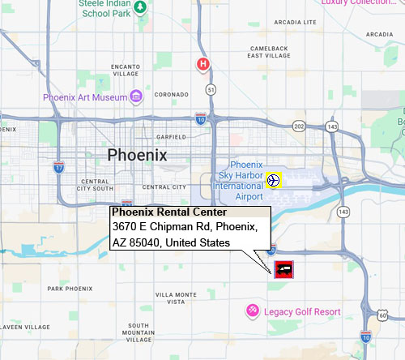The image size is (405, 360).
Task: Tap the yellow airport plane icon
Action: coord(274,179)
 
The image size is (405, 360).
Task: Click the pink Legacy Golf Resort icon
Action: coord(253,311)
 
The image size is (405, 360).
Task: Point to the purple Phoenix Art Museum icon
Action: coord(136,96)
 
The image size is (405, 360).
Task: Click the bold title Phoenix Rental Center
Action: coord(158,213)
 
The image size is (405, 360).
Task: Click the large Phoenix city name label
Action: coord(137,155)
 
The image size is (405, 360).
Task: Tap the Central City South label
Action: coord(96,184)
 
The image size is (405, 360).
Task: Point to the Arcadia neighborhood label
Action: coord(378,34)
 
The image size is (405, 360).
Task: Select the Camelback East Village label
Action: coord(268,52)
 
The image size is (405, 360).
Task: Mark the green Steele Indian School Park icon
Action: coord(140,8)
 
